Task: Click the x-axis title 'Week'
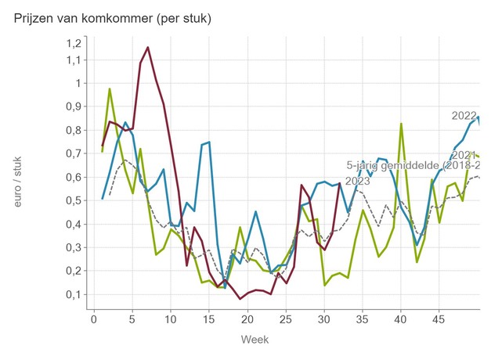point(255,340)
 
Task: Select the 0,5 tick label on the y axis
point(73,200)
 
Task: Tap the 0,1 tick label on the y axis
point(73,294)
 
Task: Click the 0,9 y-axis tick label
point(73,106)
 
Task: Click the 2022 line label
point(464,117)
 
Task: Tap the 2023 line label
point(358,182)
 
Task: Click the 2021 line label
point(464,155)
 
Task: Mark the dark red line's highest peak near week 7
point(147,48)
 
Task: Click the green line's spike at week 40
point(401,124)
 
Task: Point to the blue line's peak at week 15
point(209,142)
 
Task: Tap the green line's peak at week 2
point(110,88)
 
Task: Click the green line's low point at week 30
point(324,285)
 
